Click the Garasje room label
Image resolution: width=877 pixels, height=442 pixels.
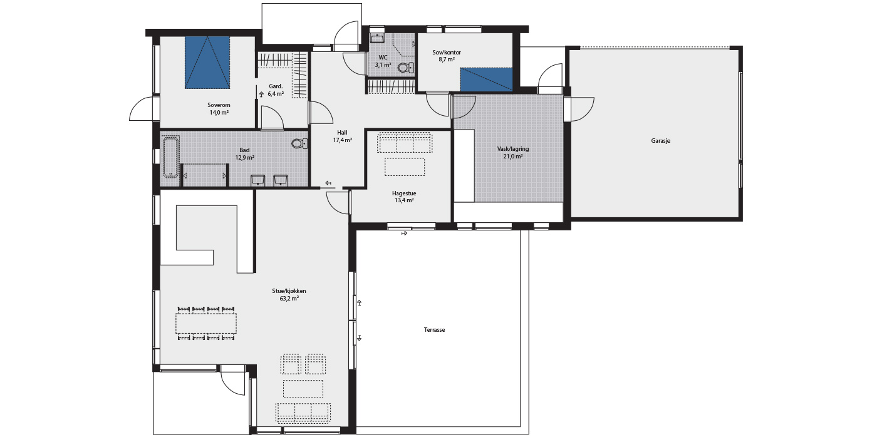661,141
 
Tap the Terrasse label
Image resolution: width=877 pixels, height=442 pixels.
434,330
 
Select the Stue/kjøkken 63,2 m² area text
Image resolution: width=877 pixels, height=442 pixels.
289,294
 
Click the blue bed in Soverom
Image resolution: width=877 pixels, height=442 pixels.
207,63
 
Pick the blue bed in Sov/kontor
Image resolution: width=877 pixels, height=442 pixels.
486,80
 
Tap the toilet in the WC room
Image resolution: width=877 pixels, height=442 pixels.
405,68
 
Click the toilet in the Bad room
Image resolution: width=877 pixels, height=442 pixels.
299,143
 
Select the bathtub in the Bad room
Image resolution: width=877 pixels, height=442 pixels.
170,157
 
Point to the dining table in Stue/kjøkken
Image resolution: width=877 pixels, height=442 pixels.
206,323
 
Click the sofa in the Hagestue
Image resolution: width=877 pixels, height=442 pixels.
405,143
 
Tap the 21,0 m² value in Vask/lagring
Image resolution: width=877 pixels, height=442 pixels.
513,157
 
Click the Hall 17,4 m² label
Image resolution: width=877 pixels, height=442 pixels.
342,136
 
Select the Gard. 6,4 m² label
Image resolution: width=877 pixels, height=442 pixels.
276,90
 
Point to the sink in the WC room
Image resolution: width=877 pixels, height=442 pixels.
377,38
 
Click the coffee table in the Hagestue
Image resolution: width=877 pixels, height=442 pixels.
405,167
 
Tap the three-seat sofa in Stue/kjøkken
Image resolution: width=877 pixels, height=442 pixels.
303,412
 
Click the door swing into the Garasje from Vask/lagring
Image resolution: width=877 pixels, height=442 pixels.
582,110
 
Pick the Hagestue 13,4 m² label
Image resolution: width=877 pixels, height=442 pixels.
404,197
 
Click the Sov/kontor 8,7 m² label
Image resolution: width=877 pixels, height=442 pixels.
447,56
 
